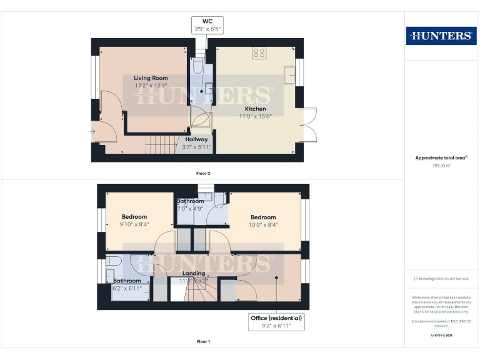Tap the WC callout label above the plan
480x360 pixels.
pyautogui.click(x=207, y=25)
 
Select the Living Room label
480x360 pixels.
pyautogui.click(x=151, y=78)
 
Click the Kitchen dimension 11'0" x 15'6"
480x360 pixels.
pyautogui.click(x=256, y=116)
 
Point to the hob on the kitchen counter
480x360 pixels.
pyautogui.click(x=259, y=53)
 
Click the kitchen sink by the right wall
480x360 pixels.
pyautogui.click(x=289, y=75)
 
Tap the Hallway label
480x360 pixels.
pyautogui.click(x=196, y=139)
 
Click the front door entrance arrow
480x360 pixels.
pyautogui.click(x=94, y=132)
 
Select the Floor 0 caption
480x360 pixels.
pyautogui.click(x=204, y=172)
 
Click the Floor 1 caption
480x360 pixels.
pyautogui.click(x=204, y=342)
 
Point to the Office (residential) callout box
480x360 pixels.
pyautogui.click(x=276, y=322)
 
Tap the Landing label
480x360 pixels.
pyautogui.click(x=193, y=274)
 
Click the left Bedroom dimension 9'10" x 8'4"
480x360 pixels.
pyautogui.click(x=134, y=224)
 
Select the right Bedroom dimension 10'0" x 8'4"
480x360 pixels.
pyautogui.click(x=263, y=224)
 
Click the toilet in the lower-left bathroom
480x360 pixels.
pyautogui.click(x=113, y=261)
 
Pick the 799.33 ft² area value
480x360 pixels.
pyautogui.click(x=442, y=166)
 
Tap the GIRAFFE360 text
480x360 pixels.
pyautogui.click(x=441, y=336)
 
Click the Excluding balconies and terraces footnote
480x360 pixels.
pyautogui.click(x=441, y=279)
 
